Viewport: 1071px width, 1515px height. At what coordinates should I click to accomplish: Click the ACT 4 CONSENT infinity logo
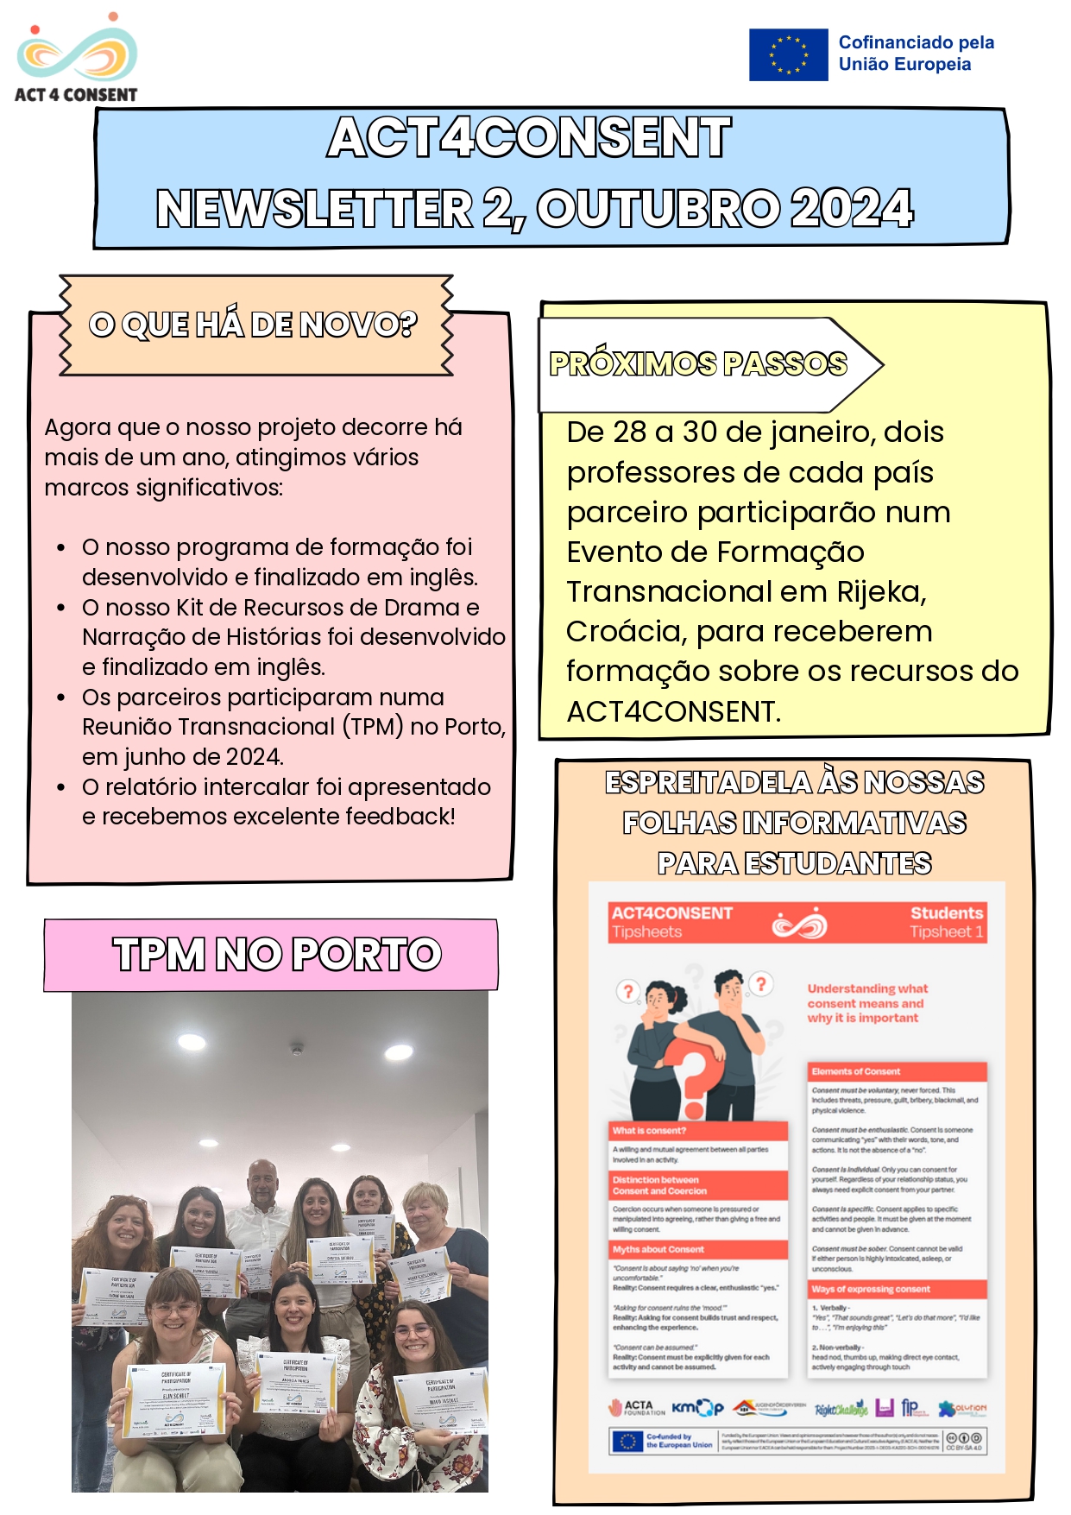[77, 54]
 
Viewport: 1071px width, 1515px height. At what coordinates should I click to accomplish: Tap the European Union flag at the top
[788, 54]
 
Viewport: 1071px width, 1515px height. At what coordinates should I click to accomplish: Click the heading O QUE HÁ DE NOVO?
[253, 325]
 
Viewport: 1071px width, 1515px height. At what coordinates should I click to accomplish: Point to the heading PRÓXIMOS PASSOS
[698, 364]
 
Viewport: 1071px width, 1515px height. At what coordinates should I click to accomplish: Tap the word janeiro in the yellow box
[821, 432]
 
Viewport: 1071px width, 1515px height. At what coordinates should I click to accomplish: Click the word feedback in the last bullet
[397, 817]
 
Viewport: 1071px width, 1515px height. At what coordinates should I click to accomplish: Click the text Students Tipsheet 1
[946, 922]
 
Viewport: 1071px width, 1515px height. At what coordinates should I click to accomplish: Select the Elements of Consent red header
[897, 1071]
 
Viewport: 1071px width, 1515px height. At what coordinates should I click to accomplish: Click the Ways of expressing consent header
[897, 1289]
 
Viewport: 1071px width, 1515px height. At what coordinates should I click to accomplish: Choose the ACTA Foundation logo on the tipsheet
[636, 1408]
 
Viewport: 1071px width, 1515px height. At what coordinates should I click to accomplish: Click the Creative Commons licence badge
[964, 1441]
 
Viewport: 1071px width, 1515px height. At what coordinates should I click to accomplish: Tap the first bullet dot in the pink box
[61, 548]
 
